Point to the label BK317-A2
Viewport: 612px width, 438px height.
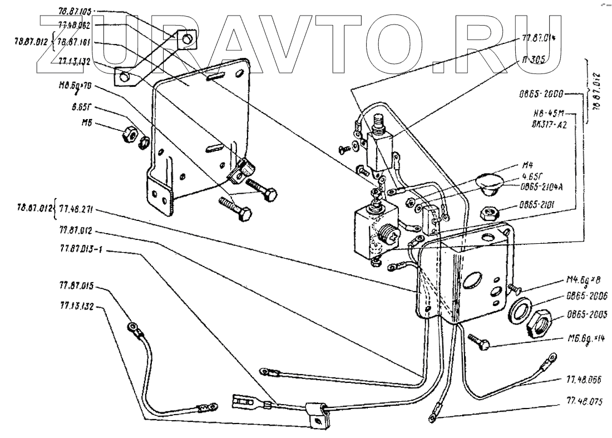[x=547, y=125]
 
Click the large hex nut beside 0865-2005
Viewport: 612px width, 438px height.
[x=536, y=321]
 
